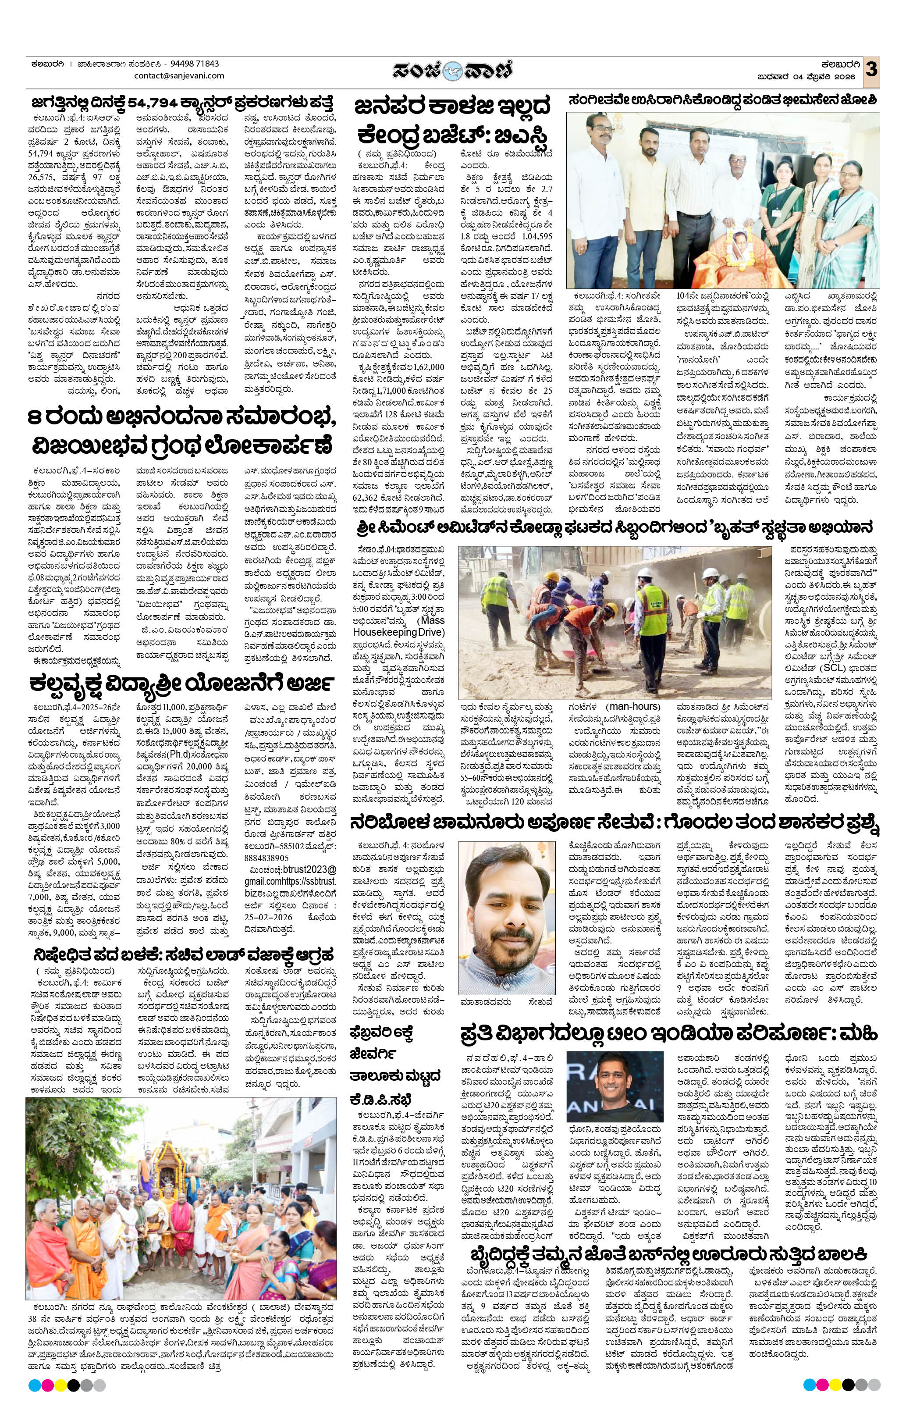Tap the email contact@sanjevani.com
coord(179,76)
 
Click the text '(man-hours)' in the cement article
coord(632,706)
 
